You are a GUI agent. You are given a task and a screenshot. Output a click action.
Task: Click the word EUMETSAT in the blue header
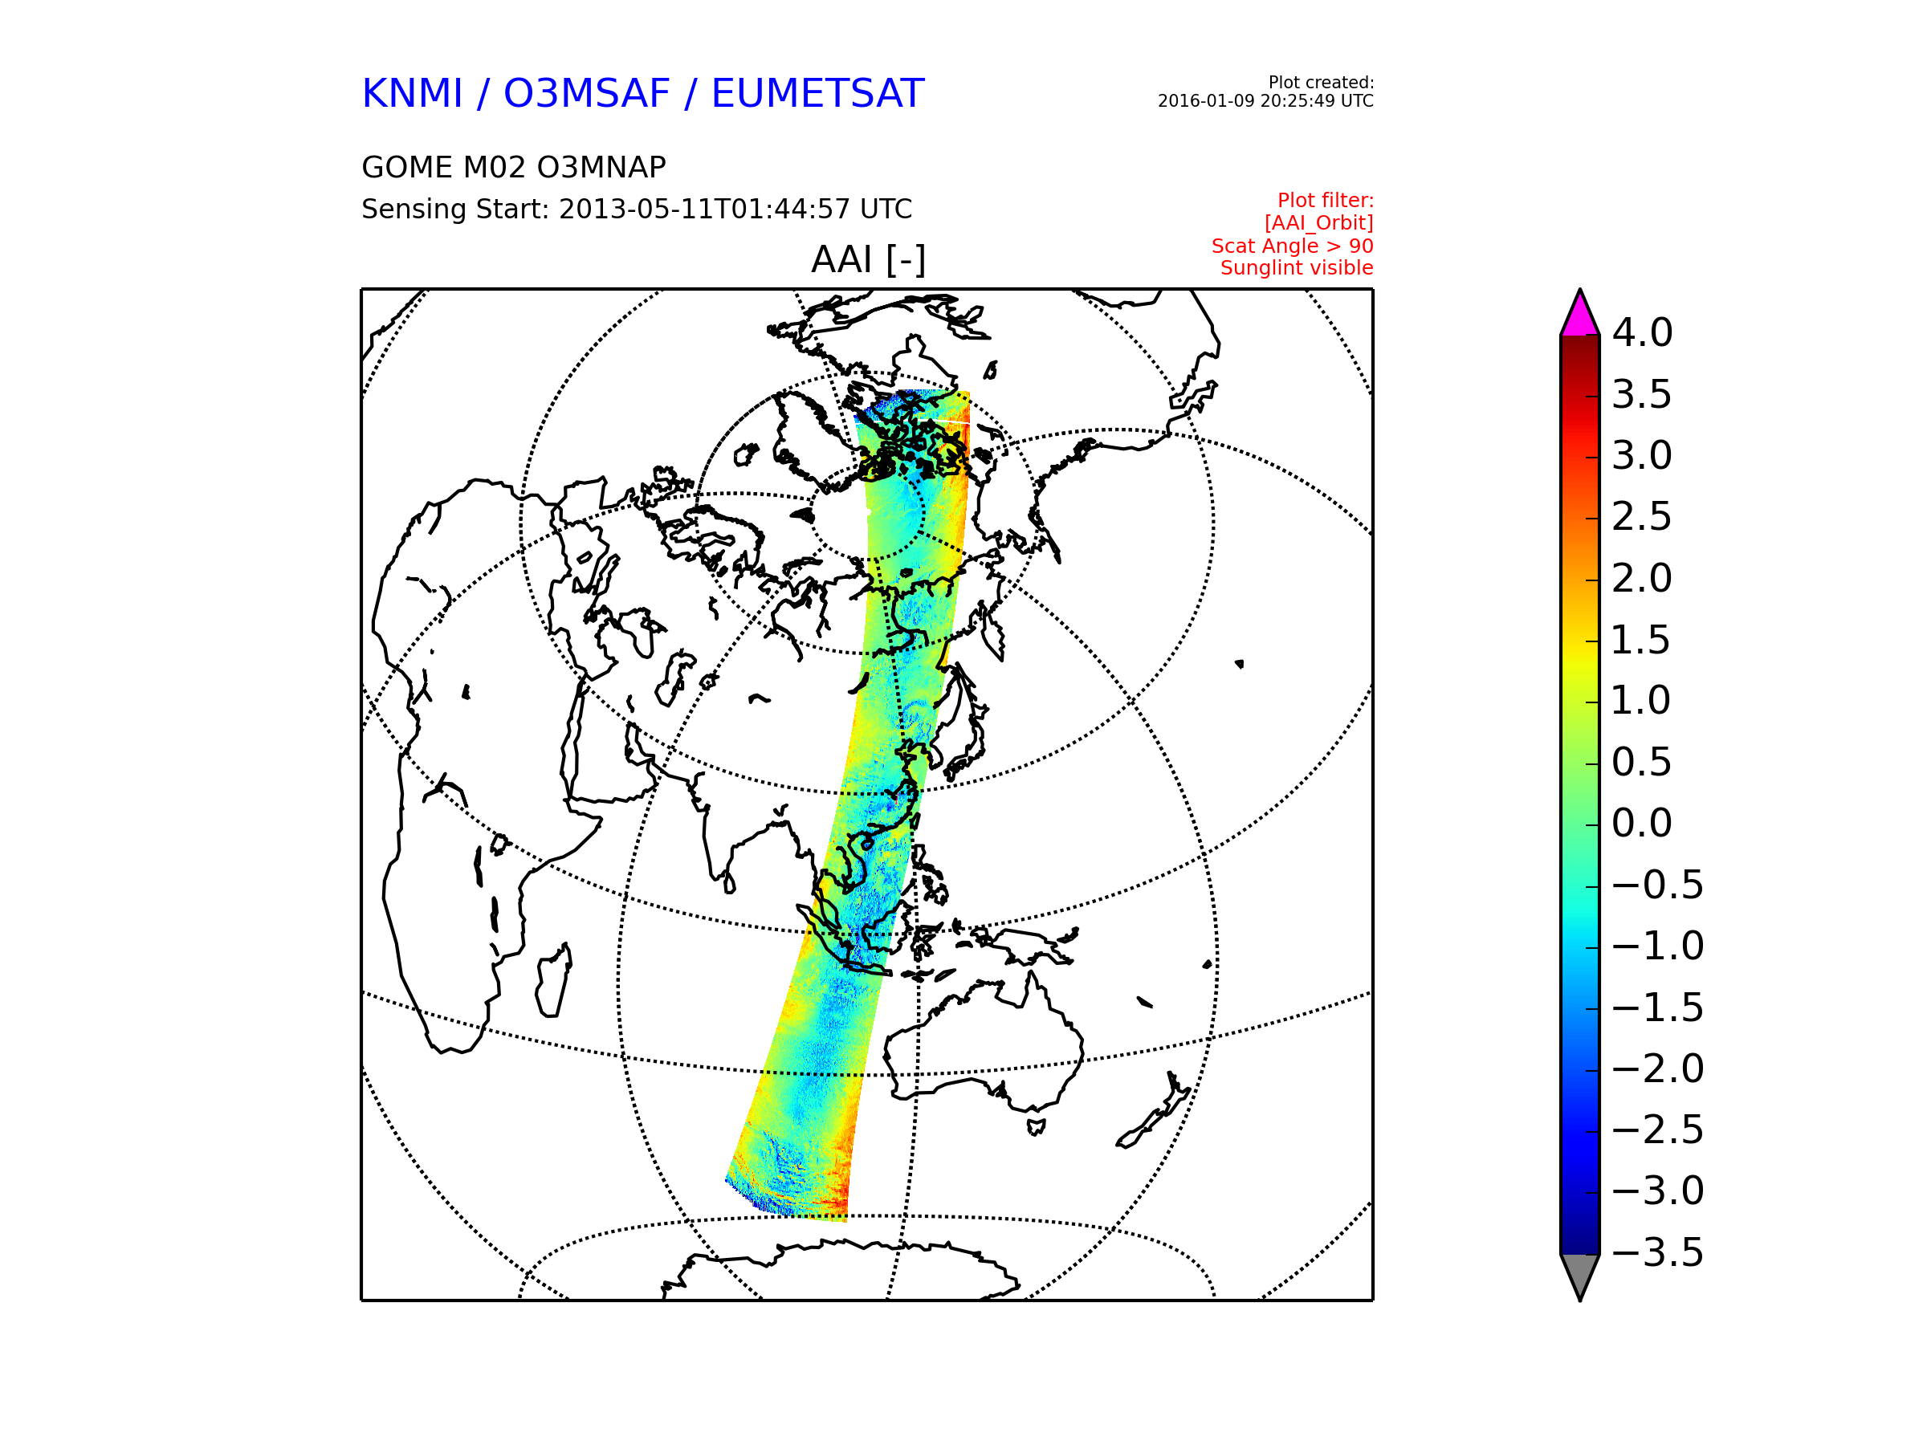coord(817,94)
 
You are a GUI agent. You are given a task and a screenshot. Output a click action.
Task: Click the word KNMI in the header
coord(412,94)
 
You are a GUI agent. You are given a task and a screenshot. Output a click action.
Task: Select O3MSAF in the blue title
coord(587,94)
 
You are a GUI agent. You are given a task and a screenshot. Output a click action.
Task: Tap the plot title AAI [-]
coord(868,259)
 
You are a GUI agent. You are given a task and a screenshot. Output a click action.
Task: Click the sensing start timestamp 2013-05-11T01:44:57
coord(705,209)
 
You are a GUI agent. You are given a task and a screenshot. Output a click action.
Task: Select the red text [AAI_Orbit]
coord(1319,223)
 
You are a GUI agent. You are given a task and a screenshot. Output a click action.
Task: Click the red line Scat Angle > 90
coord(1292,246)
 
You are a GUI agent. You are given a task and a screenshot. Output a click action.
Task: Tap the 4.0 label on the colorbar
coord(1641,332)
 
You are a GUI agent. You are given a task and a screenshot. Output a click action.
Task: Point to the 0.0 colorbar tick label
coord(1641,823)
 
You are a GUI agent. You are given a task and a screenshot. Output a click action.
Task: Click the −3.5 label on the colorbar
coord(1657,1252)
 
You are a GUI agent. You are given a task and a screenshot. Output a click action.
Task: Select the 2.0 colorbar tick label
coord(1641,578)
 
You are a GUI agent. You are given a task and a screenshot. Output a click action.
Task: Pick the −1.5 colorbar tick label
coord(1657,1007)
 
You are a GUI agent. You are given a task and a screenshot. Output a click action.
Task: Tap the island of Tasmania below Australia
coord(1036,1127)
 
